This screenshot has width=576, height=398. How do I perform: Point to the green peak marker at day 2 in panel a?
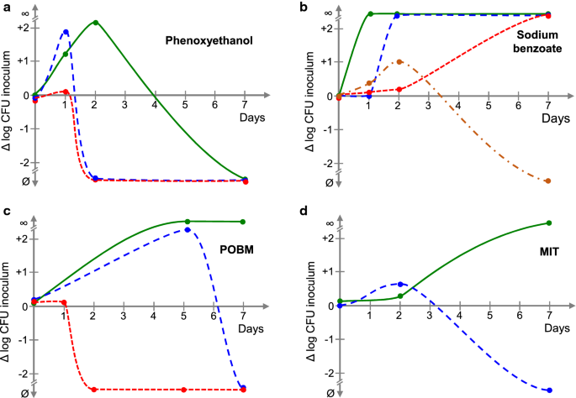95,23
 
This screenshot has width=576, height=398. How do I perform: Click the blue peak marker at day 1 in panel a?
66,32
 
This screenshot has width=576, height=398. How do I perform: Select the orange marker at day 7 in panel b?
548,181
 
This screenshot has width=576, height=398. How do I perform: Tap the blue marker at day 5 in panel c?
187,229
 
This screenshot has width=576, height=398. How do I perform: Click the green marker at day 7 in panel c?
243,222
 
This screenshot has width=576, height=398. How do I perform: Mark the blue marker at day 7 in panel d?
548,390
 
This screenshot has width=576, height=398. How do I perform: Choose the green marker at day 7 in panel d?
548,223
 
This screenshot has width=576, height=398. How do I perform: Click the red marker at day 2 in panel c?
95,390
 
